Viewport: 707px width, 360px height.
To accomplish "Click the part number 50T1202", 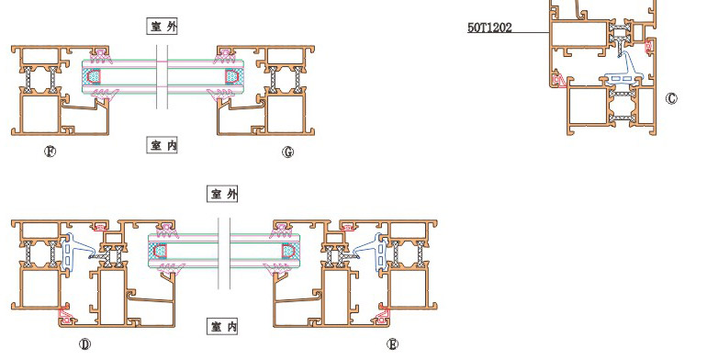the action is [x=489, y=28].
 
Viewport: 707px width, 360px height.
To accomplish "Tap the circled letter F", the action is [x=50, y=152].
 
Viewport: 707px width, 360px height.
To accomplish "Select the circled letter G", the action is [x=287, y=152].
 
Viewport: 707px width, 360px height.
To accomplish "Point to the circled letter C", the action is [x=671, y=98].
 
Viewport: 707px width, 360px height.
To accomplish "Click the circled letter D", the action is [x=84, y=344].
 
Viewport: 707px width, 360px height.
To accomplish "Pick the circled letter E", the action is [x=392, y=344].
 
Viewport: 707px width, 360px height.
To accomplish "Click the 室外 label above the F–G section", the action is [x=163, y=26].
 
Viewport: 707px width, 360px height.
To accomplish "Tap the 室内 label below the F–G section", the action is [x=163, y=145].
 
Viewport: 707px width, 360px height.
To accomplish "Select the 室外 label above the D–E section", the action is [x=223, y=194].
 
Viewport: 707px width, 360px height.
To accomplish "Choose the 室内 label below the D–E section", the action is [x=223, y=326].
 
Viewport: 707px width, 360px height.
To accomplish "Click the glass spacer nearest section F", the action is [x=94, y=76].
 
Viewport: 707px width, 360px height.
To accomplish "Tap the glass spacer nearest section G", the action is [x=231, y=76].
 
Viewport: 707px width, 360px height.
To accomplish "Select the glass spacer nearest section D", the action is [x=160, y=251].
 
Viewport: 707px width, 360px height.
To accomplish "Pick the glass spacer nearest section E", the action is [x=288, y=251].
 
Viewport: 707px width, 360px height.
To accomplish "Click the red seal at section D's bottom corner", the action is [x=66, y=315].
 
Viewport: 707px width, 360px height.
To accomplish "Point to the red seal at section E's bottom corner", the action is [x=383, y=315].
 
